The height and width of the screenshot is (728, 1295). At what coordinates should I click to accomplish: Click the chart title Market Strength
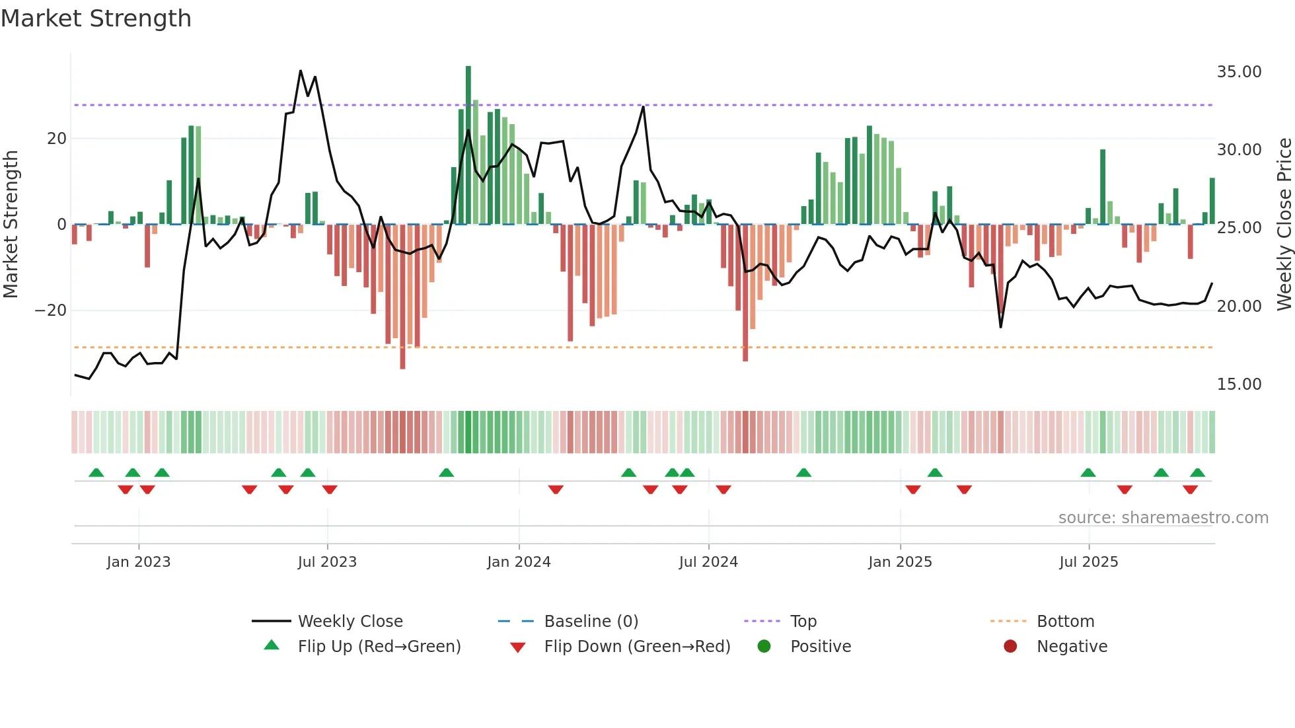(x=96, y=18)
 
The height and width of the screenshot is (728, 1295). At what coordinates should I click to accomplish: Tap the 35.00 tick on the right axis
(x=1239, y=72)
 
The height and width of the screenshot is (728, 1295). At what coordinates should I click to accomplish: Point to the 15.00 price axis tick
(x=1239, y=384)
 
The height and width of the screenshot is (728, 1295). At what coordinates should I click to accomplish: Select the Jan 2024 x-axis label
(x=519, y=562)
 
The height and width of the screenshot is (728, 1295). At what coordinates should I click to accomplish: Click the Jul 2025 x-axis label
(x=1088, y=562)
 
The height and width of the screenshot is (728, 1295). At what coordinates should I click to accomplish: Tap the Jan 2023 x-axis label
(x=139, y=562)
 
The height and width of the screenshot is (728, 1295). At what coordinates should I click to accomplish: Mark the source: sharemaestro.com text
(x=1163, y=518)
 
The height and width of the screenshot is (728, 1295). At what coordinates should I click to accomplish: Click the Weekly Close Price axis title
(x=1284, y=225)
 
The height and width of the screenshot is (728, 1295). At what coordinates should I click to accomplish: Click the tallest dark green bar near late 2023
(x=468, y=145)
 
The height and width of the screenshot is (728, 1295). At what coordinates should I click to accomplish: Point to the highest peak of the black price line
(x=301, y=71)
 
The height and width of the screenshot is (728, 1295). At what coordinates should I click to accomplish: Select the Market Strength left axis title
(x=11, y=225)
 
